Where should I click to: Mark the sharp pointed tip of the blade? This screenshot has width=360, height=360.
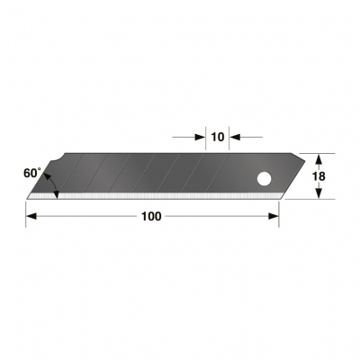pyautogui.click(x=27, y=196)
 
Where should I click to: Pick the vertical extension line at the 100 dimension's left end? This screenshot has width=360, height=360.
pyautogui.click(x=26, y=212)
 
